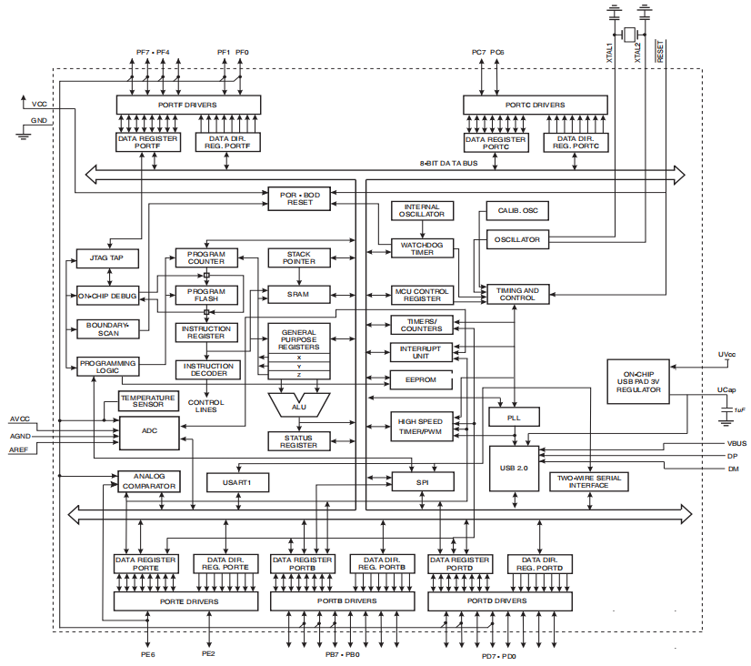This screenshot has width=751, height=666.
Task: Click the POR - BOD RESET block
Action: coord(300,198)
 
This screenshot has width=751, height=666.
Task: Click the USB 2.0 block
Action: coord(514,468)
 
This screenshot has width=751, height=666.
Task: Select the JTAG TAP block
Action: coord(105,258)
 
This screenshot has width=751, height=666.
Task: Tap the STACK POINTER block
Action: coord(299,257)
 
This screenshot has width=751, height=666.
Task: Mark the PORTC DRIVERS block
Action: coord(535,105)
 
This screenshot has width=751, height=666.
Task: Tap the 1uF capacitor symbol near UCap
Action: coord(726,411)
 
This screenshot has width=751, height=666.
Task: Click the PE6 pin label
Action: coord(147,654)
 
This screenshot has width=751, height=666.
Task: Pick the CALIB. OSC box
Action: coord(517,211)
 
